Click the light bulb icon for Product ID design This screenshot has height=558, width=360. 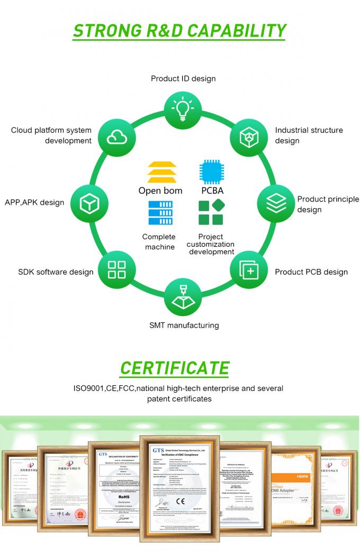point(182,109)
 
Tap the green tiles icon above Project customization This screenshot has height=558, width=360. point(210,213)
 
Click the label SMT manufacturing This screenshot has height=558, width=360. point(184,325)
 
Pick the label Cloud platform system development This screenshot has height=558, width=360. point(51,135)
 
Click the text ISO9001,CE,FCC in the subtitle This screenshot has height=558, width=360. point(104,388)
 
